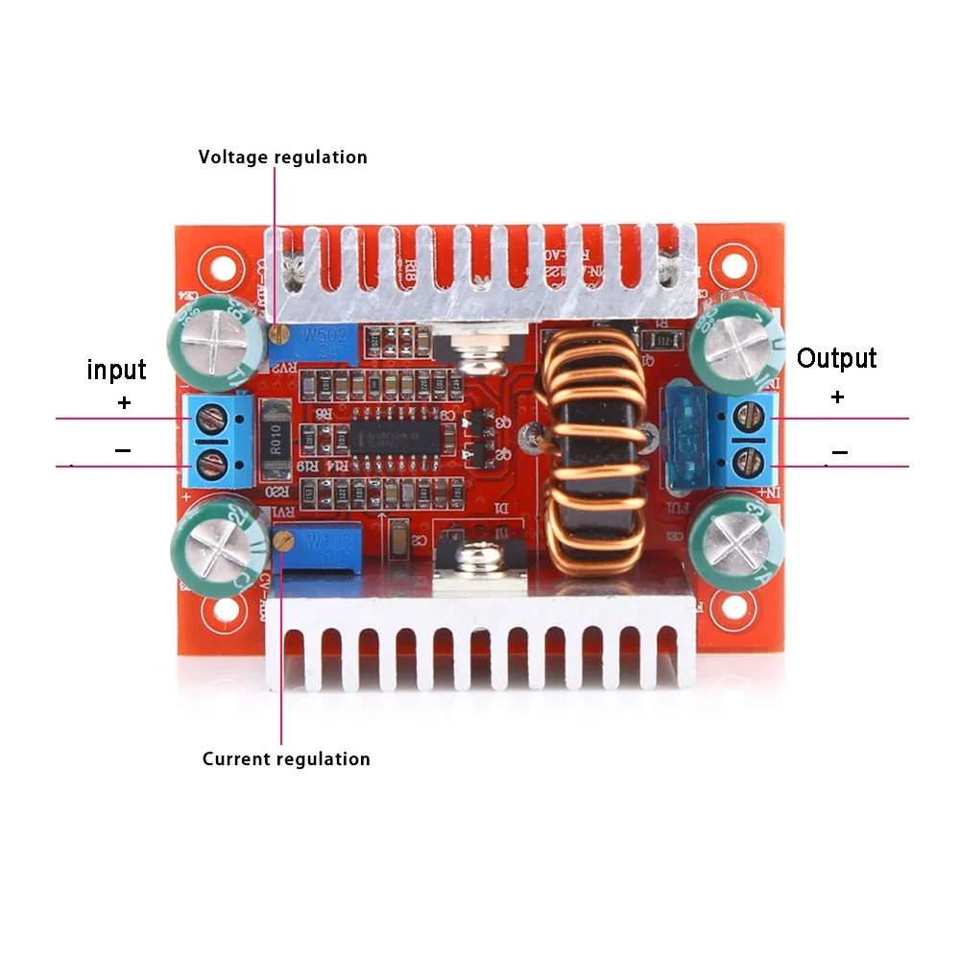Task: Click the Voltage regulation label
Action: [282, 156]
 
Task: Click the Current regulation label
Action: [286, 759]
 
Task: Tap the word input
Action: [116, 370]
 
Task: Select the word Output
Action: [837, 359]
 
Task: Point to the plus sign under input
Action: [123, 403]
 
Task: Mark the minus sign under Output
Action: [839, 451]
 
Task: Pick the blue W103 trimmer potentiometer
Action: [317, 549]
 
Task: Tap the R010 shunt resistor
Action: [276, 441]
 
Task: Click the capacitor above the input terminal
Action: [213, 339]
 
